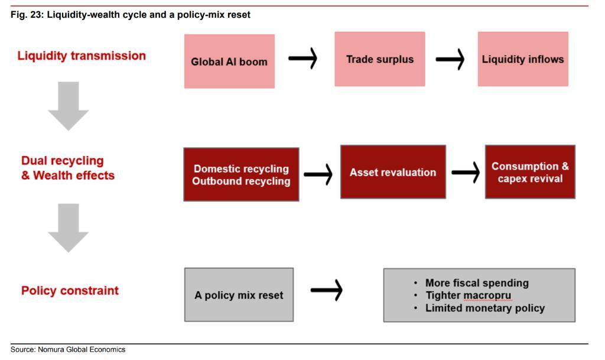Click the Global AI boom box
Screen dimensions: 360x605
click(x=229, y=61)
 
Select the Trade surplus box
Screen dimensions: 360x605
click(x=379, y=59)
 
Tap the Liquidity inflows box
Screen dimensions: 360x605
click(x=523, y=59)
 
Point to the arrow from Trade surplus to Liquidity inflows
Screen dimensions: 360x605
click(x=450, y=59)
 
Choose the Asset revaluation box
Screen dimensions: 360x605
click(x=393, y=172)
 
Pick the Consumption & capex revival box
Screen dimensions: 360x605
click(x=530, y=172)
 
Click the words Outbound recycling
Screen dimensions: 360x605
click(x=241, y=181)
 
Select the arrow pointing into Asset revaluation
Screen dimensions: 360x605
click(x=318, y=174)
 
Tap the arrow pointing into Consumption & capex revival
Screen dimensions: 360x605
click(x=465, y=172)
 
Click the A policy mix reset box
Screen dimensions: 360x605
click(x=239, y=295)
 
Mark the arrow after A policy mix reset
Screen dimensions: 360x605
click(x=326, y=289)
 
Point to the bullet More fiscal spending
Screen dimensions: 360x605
click(x=476, y=283)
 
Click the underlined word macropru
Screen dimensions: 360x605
click(x=487, y=296)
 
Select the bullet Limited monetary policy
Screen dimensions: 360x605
click(x=484, y=308)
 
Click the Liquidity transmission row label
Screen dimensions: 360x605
click(x=82, y=56)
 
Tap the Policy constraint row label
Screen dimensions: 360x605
click(x=70, y=291)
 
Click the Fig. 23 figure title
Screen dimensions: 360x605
click(x=131, y=14)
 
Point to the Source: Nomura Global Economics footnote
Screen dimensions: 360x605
click(x=68, y=349)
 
